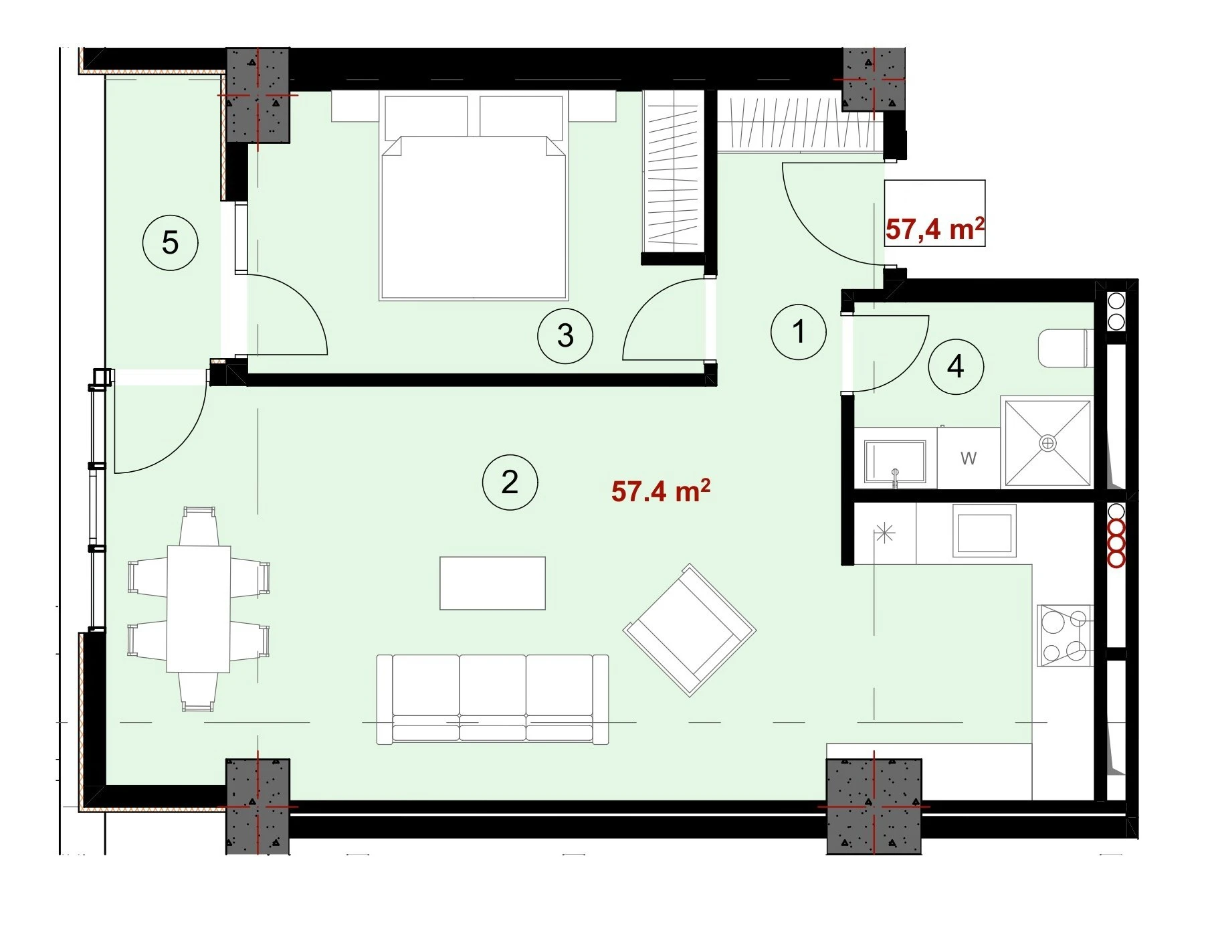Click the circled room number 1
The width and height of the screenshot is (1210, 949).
[798, 331]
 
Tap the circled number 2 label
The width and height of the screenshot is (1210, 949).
[510, 482]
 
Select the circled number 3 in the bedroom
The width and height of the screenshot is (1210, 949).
[565, 335]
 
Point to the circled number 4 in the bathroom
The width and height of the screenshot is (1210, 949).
[956, 366]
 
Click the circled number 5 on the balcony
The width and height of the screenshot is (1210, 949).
[171, 242]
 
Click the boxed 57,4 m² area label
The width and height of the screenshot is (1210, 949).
[934, 229]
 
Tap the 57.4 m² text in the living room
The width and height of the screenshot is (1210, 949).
[660, 491]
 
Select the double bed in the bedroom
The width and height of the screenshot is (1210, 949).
[474, 197]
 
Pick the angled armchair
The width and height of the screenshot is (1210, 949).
[690, 630]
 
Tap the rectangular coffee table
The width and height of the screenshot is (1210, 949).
[492, 583]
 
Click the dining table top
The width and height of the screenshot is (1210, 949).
[199, 608]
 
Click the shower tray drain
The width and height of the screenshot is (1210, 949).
[1047, 442]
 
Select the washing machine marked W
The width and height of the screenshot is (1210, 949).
[969, 458]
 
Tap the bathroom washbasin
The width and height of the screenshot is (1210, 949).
[895, 461]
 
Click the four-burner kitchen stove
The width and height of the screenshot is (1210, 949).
[1065, 635]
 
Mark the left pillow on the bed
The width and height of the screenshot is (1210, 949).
[425, 116]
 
